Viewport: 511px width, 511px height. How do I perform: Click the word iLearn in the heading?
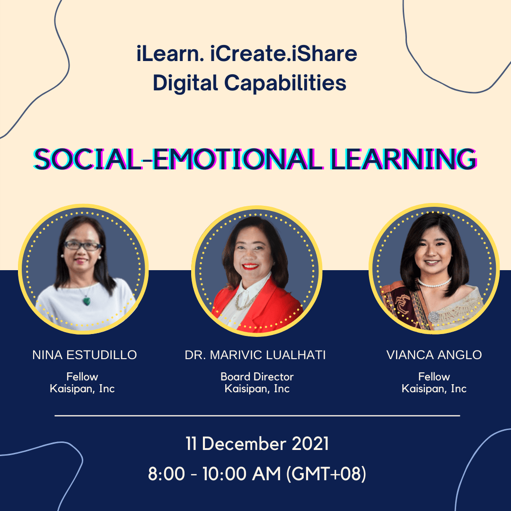pyautogui.click(x=170, y=53)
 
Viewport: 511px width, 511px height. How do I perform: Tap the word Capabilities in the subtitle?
pyautogui.click(x=285, y=83)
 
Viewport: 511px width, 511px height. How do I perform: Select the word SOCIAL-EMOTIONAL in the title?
pyautogui.click(x=178, y=159)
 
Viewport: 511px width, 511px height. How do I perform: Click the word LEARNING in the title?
pyautogui.click(x=404, y=159)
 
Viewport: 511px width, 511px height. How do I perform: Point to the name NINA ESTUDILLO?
pyautogui.click(x=84, y=355)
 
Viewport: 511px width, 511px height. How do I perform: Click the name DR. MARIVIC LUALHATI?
pyautogui.click(x=255, y=355)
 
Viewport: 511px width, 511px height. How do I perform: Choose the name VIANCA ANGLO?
pyautogui.click(x=434, y=355)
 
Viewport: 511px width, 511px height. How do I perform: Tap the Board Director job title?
pyautogui.click(x=257, y=377)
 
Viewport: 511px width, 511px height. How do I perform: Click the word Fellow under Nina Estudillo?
pyautogui.click(x=82, y=377)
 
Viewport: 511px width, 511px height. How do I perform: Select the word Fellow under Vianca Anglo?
pyautogui.click(x=434, y=377)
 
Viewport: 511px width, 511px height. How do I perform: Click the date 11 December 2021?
pyautogui.click(x=257, y=444)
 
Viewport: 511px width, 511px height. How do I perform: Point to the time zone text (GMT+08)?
pyautogui.click(x=326, y=474)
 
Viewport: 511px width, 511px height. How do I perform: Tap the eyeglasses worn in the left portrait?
pyautogui.click(x=83, y=246)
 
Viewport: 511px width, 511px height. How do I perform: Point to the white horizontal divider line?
pyautogui.click(x=257, y=416)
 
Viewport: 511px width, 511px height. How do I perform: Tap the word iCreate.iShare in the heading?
pyautogui.click(x=283, y=53)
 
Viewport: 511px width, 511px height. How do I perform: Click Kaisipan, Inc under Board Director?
pyautogui.click(x=257, y=389)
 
